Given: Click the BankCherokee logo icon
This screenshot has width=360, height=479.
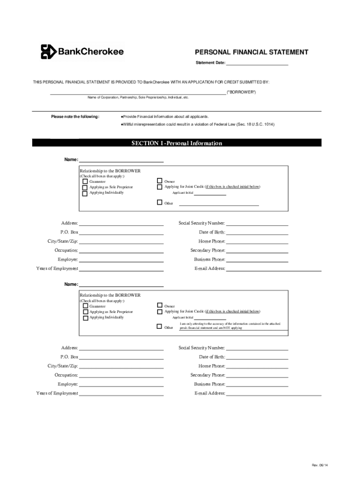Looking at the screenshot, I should [x=48, y=51].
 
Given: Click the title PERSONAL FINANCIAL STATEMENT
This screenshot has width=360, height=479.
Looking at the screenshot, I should [x=251, y=52].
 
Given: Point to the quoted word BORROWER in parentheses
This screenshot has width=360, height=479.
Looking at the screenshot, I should [x=241, y=92].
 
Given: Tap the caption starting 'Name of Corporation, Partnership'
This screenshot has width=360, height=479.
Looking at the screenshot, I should [x=138, y=98].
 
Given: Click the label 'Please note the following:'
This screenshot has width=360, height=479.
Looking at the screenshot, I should [x=75, y=116].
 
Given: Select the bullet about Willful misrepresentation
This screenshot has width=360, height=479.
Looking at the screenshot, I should [x=197, y=124].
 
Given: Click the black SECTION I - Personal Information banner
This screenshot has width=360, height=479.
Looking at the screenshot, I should [x=176, y=143].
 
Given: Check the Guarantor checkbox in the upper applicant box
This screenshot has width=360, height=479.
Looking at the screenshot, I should [x=85, y=181].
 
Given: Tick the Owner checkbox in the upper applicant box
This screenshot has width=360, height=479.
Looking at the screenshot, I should [x=159, y=181].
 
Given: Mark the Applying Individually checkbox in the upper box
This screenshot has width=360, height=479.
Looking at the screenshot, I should [x=85, y=193].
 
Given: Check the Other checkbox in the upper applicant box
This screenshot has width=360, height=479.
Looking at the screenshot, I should [x=159, y=203].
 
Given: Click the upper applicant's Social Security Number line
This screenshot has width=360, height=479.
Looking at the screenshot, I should [x=257, y=224].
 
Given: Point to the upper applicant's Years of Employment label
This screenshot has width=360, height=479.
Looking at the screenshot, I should [x=57, y=269].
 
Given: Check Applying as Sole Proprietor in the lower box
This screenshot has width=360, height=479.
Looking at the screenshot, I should [x=85, y=312].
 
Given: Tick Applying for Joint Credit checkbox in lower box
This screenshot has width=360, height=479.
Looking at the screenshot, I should [x=159, y=311].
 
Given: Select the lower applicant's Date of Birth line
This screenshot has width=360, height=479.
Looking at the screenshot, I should [x=257, y=357].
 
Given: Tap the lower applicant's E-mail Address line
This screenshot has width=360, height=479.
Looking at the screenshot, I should [x=274, y=394].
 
